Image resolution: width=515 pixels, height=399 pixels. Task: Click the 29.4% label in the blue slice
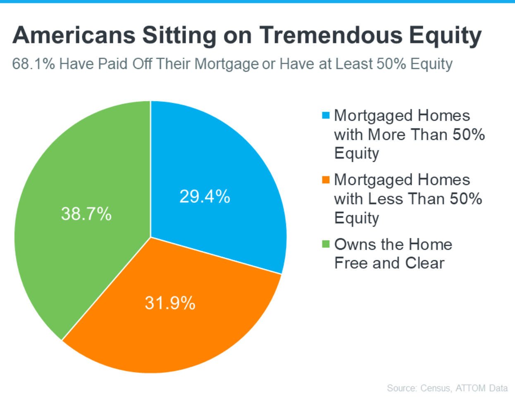(205, 196)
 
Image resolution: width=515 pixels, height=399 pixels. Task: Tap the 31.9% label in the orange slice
(170, 303)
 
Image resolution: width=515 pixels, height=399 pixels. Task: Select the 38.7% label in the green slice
(86, 214)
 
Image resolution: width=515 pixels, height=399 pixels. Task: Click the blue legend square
(326, 115)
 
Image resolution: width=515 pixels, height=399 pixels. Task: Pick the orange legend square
(326, 180)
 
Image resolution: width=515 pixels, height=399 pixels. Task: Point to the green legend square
(326, 244)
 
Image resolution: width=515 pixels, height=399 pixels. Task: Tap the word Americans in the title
(74, 35)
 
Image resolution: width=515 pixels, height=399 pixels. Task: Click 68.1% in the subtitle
(33, 64)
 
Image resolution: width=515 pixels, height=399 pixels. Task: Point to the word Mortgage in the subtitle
(227, 64)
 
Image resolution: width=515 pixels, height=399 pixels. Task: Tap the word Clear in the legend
(425, 263)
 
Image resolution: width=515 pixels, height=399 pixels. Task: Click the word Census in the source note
(436, 388)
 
